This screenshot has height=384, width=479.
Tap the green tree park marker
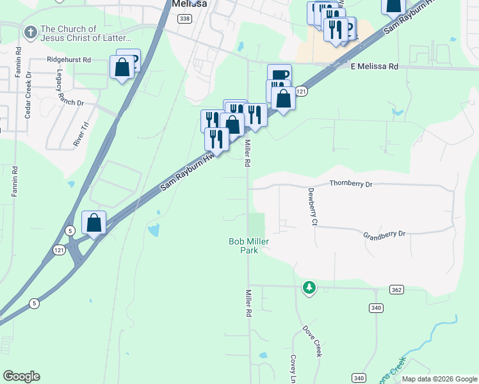pyautogui.click(x=309, y=287)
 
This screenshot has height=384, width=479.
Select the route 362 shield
pyautogui.click(x=396, y=290)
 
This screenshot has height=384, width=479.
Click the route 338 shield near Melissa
pyautogui.click(x=184, y=19)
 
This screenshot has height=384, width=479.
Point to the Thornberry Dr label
pyautogui.click(x=350, y=184)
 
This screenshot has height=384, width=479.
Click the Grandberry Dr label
pyautogui.click(x=384, y=234)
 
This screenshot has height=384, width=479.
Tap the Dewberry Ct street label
pyautogui.click(x=313, y=207)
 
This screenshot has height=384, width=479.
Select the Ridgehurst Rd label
pyautogui.click(x=69, y=60)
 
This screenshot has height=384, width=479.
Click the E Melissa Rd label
pyautogui.click(x=374, y=66)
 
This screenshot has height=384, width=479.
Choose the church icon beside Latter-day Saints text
pyautogui.click(x=30, y=32)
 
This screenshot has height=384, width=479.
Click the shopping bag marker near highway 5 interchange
pyautogui.click(x=94, y=223)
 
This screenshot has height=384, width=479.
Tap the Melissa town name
pyautogui.click(x=189, y=4)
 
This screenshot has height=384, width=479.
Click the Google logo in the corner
pyautogui.click(x=21, y=376)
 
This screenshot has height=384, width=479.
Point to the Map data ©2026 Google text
pyautogui.click(x=439, y=379)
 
